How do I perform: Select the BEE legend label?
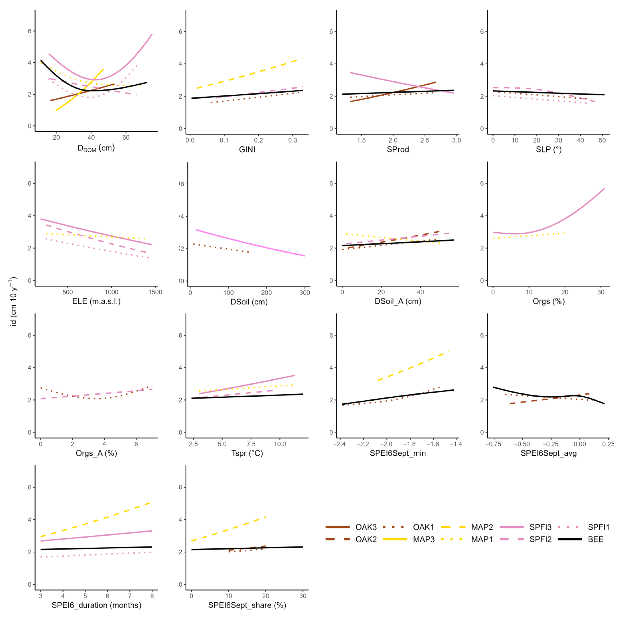[x=596, y=539]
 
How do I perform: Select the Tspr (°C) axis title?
[x=247, y=453]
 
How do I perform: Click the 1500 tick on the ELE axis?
[x=155, y=292]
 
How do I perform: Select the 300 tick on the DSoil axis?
[x=305, y=293]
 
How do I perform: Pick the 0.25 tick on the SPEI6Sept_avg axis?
[x=608, y=444]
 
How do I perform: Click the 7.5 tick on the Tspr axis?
[x=251, y=444]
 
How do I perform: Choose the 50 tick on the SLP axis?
[x=602, y=140]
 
